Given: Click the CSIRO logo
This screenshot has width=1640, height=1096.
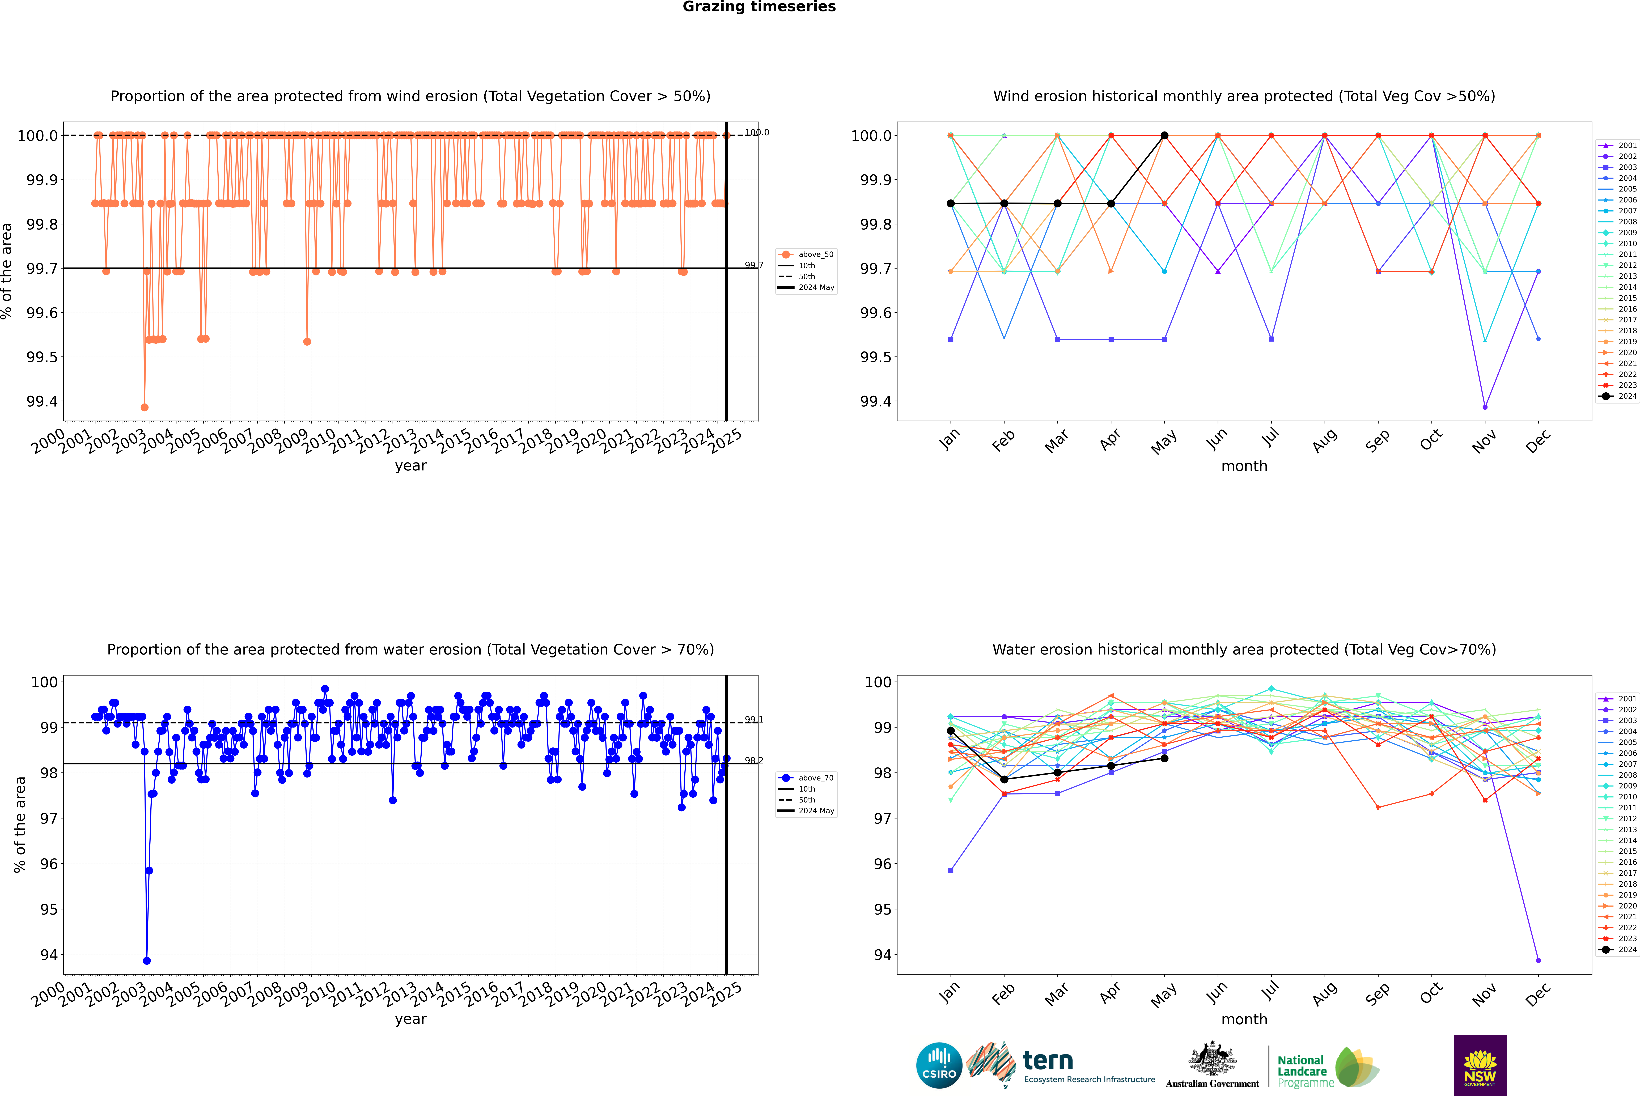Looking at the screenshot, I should (x=939, y=1065).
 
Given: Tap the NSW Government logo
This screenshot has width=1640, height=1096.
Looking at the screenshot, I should (x=1480, y=1065).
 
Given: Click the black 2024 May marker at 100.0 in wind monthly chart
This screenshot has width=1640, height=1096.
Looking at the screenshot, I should (x=1164, y=136).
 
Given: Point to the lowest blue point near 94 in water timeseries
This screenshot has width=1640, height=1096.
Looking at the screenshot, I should (x=147, y=960).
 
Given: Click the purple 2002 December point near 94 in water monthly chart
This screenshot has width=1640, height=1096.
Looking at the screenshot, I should (x=1538, y=960).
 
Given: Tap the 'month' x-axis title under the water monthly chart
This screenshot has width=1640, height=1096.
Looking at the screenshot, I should (x=1244, y=1019).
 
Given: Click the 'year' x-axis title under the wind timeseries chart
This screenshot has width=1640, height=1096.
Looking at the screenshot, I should (x=410, y=466).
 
